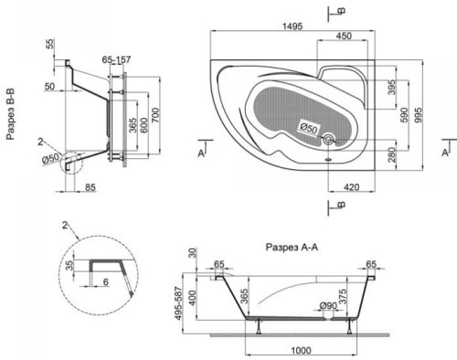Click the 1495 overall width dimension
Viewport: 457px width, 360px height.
coord(292,26)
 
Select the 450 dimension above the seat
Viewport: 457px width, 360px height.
coord(344,36)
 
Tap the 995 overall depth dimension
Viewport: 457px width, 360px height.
coord(419,115)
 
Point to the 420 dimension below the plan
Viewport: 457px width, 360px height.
coord(352,187)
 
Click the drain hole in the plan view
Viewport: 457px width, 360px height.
coord(328,140)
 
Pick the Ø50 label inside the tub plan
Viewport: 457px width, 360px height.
coord(308,128)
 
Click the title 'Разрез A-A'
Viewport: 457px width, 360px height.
coord(292,247)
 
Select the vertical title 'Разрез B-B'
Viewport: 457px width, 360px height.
coord(11,114)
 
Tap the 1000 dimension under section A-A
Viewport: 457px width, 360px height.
coord(301,351)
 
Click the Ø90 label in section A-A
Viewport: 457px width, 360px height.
coord(328,305)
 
